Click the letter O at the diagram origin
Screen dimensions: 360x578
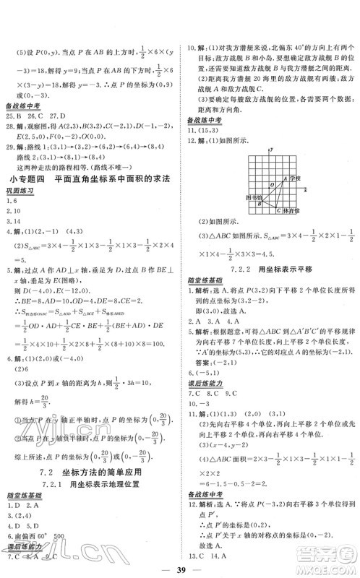click(273, 185)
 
